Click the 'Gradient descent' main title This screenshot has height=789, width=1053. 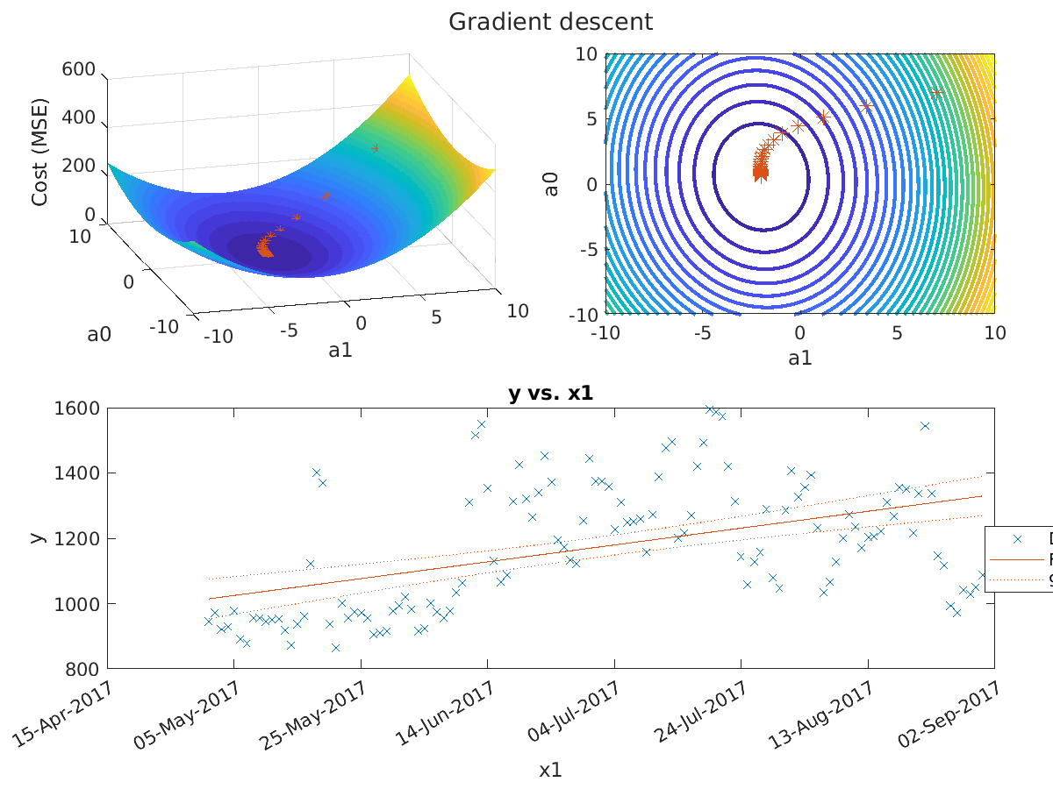[x=550, y=22]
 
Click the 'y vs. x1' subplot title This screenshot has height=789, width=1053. [x=550, y=394]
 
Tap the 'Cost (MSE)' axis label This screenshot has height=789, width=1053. [x=39, y=153]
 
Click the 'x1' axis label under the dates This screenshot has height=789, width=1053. [x=550, y=771]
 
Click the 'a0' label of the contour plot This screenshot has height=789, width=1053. [x=552, y=184]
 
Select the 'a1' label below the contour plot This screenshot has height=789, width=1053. [x=799, y=358]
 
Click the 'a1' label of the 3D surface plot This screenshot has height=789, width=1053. [x=340, y=350]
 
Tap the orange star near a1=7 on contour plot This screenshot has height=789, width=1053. [x=936, y=93]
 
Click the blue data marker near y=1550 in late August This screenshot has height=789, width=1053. [x=924, y=426]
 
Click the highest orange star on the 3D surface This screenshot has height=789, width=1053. [x=376, y=148]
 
